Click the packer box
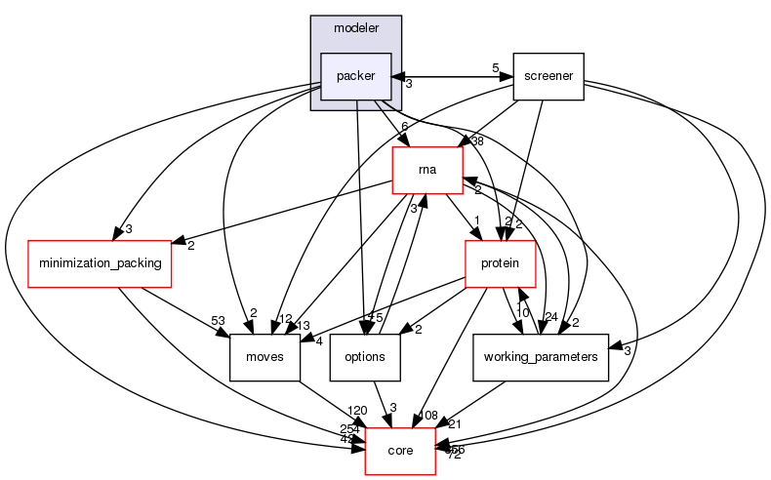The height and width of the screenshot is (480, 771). pos(355,76)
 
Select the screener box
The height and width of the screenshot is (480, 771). pos(548,76)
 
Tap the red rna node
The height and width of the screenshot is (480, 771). pos(426,170)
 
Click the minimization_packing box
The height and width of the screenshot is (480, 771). pos(100,263)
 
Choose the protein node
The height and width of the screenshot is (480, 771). pos(501,263)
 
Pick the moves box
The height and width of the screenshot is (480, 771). pos(264,357)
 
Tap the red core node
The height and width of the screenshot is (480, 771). pos(400,451)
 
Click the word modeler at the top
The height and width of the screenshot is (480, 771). pos(355,27)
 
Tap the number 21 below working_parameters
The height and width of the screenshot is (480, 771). pos(454,422)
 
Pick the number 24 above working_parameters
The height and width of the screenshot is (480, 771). pos(551,316)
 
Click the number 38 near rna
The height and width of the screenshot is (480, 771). pos(477,140)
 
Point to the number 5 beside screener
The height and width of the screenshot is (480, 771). pos(495,68)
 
